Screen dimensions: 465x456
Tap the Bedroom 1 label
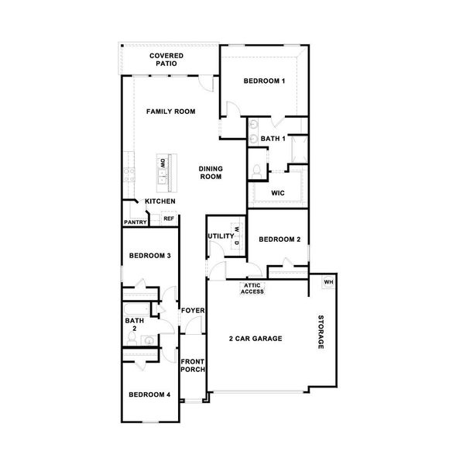(265, 81)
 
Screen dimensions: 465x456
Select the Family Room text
(171, 112)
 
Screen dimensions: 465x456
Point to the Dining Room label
(211, 173)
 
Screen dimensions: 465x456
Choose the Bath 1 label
(273, 139)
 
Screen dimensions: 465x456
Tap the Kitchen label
(160, 201)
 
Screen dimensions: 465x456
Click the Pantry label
(135, 222)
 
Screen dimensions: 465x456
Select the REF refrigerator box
(167, 219)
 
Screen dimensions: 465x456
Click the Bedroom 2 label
(279, 239)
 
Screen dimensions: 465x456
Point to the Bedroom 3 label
(149, 256)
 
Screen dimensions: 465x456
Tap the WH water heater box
(328, 281)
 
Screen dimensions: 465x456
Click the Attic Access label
(252, 289)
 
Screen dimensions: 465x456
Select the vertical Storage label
(321, 333)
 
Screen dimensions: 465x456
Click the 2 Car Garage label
(255, 339)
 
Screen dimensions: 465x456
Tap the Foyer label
(192, 311)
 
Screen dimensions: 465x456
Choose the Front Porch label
(193, 365)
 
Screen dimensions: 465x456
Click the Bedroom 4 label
(149, 394)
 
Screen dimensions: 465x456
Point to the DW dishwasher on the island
(163, 163)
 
